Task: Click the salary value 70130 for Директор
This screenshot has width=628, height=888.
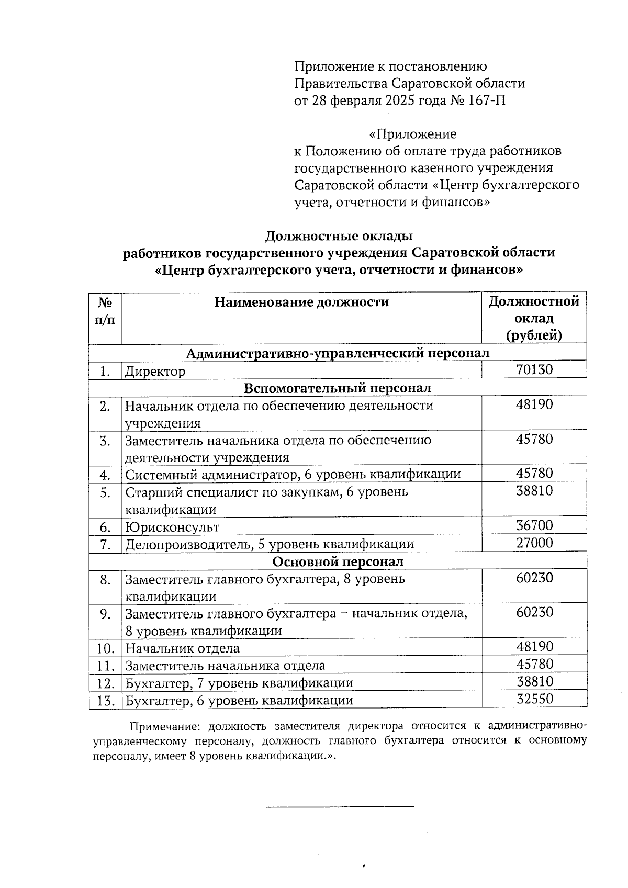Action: pos(534,369)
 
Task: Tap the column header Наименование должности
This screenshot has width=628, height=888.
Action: pos(301,302)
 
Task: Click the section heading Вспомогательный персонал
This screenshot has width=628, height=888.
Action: pos(338,388)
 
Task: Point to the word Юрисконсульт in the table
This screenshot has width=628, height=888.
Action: pos(172,527)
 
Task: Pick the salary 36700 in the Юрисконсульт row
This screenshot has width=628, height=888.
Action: pos(534,525)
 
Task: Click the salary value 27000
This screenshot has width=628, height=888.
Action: pos(534,543)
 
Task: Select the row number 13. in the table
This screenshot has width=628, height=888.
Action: pos(106,700)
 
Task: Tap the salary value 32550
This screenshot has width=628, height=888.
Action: pos(534,699)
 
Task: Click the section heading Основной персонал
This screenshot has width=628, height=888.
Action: pos(338,561)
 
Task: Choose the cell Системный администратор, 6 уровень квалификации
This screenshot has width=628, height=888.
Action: pos(293,475)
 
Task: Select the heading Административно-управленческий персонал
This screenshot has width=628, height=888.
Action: pos(338,353)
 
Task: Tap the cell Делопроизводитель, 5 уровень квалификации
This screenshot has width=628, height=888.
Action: pos(270,544)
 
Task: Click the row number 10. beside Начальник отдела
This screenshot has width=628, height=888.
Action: pos(106,648)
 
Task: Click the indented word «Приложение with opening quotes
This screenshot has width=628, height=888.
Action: pos(412,134)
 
